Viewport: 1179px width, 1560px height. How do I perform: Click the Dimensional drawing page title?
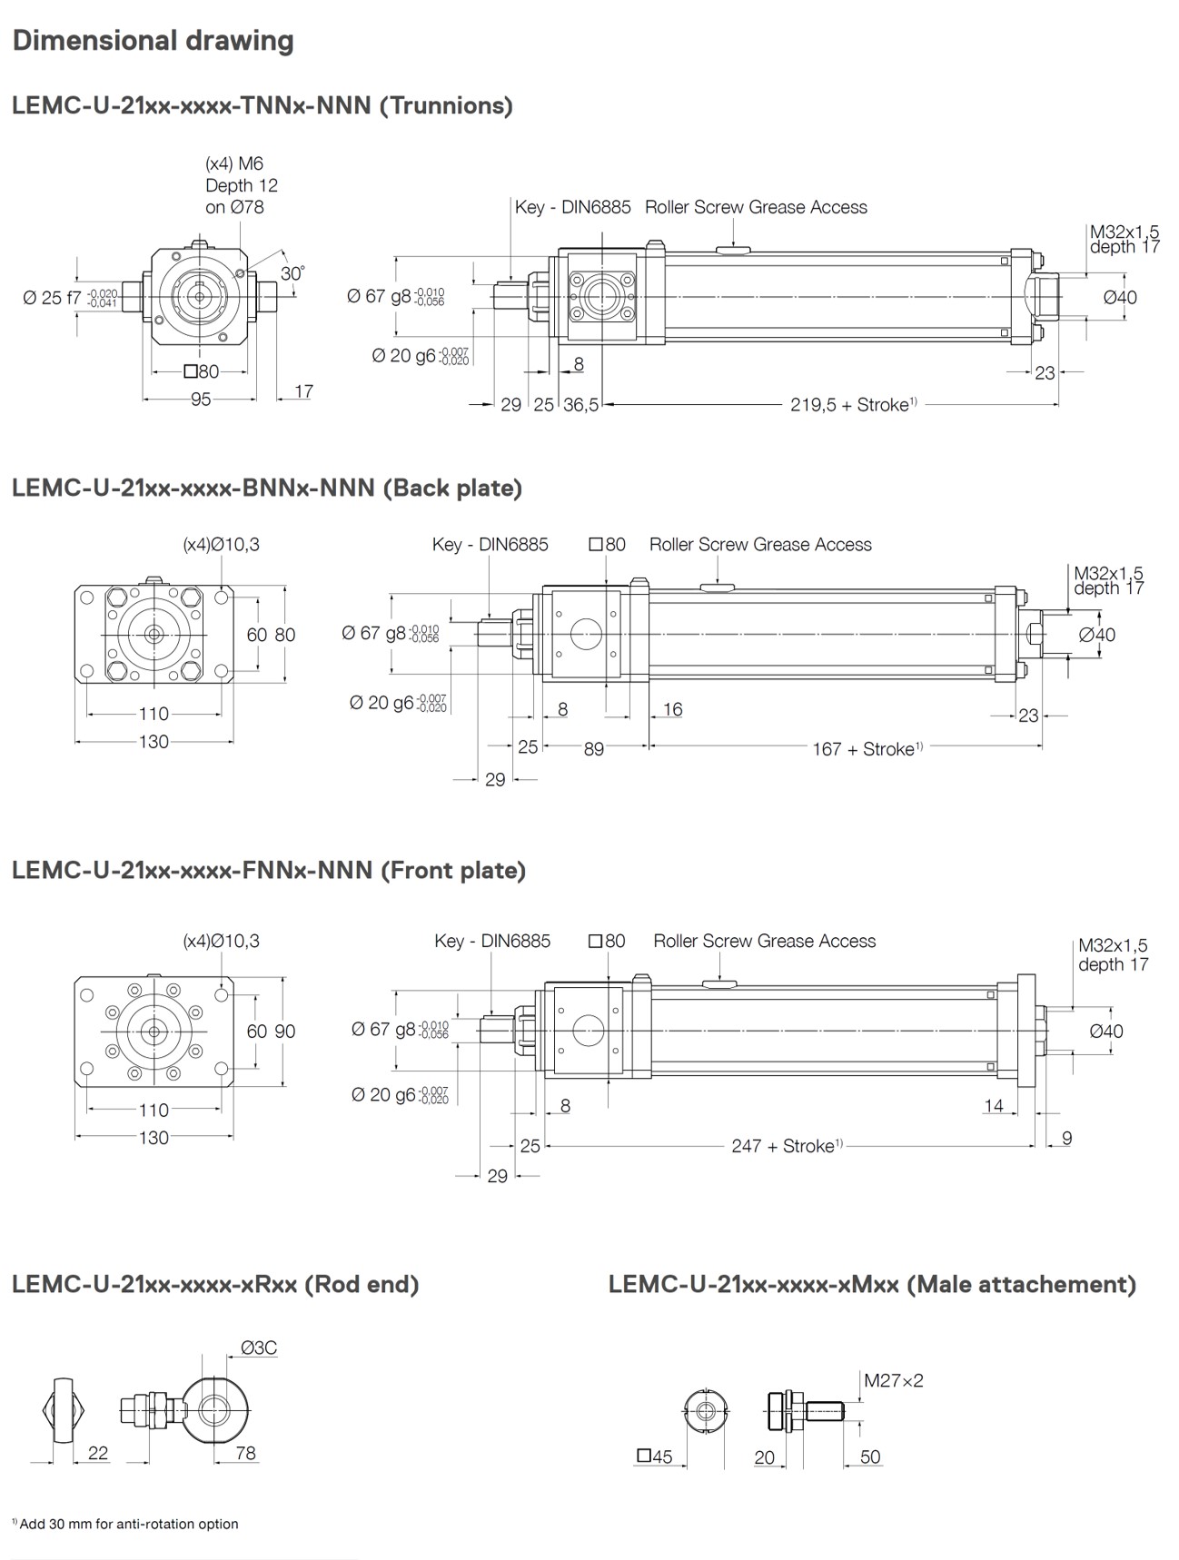click(153, 41)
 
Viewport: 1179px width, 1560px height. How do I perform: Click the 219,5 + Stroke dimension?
click(852, 405)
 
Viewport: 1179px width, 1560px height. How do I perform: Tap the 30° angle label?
click(292, 272)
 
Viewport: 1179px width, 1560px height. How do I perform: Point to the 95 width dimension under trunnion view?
click(200, 400)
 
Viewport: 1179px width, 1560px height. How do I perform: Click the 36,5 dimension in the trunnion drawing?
click(580, 405)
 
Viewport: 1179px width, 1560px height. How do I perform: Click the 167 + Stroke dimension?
click(867, 749)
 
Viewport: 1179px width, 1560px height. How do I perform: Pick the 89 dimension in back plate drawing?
click(593, 749)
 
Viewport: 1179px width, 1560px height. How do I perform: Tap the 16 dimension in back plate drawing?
click(672, 709)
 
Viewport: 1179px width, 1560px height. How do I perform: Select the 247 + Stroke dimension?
click(787, 1146)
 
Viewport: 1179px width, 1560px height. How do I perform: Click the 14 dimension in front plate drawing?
click(994, 1106)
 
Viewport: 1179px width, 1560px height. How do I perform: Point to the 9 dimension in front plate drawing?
click(1066, 1138)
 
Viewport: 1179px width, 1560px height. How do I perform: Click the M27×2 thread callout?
click(893, 1380)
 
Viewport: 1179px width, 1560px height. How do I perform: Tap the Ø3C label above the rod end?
click(259, 1348)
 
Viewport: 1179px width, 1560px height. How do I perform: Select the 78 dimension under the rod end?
click(245, 1453)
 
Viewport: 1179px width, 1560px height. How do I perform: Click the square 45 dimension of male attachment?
click(654, 1456)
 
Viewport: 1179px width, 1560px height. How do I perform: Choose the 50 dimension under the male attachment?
click(869, 1456)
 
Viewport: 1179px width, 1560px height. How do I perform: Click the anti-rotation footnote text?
click(127, 1524)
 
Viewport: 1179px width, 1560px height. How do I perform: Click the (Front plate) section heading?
click(269, 870)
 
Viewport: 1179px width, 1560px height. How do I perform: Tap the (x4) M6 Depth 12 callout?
click(241, 184)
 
